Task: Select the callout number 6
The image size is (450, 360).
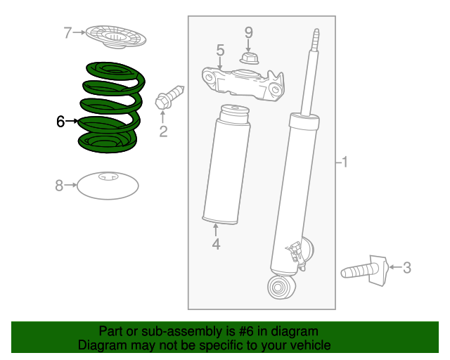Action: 60,122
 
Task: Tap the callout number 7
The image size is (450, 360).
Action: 67,32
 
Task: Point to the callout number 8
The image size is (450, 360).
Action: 59,186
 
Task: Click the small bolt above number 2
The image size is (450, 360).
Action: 169,96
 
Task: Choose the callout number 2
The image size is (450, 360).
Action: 163,131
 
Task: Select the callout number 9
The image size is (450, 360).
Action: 247,32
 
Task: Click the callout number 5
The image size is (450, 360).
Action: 220,50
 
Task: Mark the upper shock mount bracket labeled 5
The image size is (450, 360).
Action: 243,81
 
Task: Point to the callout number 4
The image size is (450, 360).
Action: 216,244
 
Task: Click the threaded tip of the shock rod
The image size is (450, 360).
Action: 316,40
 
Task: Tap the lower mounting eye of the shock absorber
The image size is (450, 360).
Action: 281,286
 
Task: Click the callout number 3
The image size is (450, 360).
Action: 406,267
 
